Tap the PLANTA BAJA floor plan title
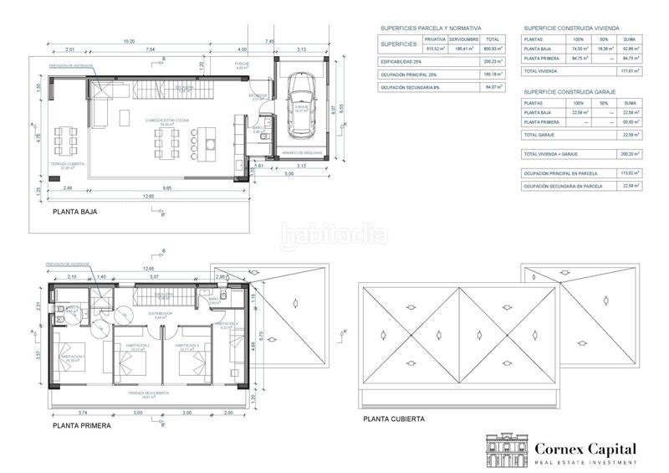point(75,213)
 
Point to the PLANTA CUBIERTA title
point(394,419)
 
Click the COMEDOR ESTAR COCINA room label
point(167,121)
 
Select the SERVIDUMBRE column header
point(462,39)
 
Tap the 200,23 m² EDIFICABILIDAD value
point(492,61)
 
